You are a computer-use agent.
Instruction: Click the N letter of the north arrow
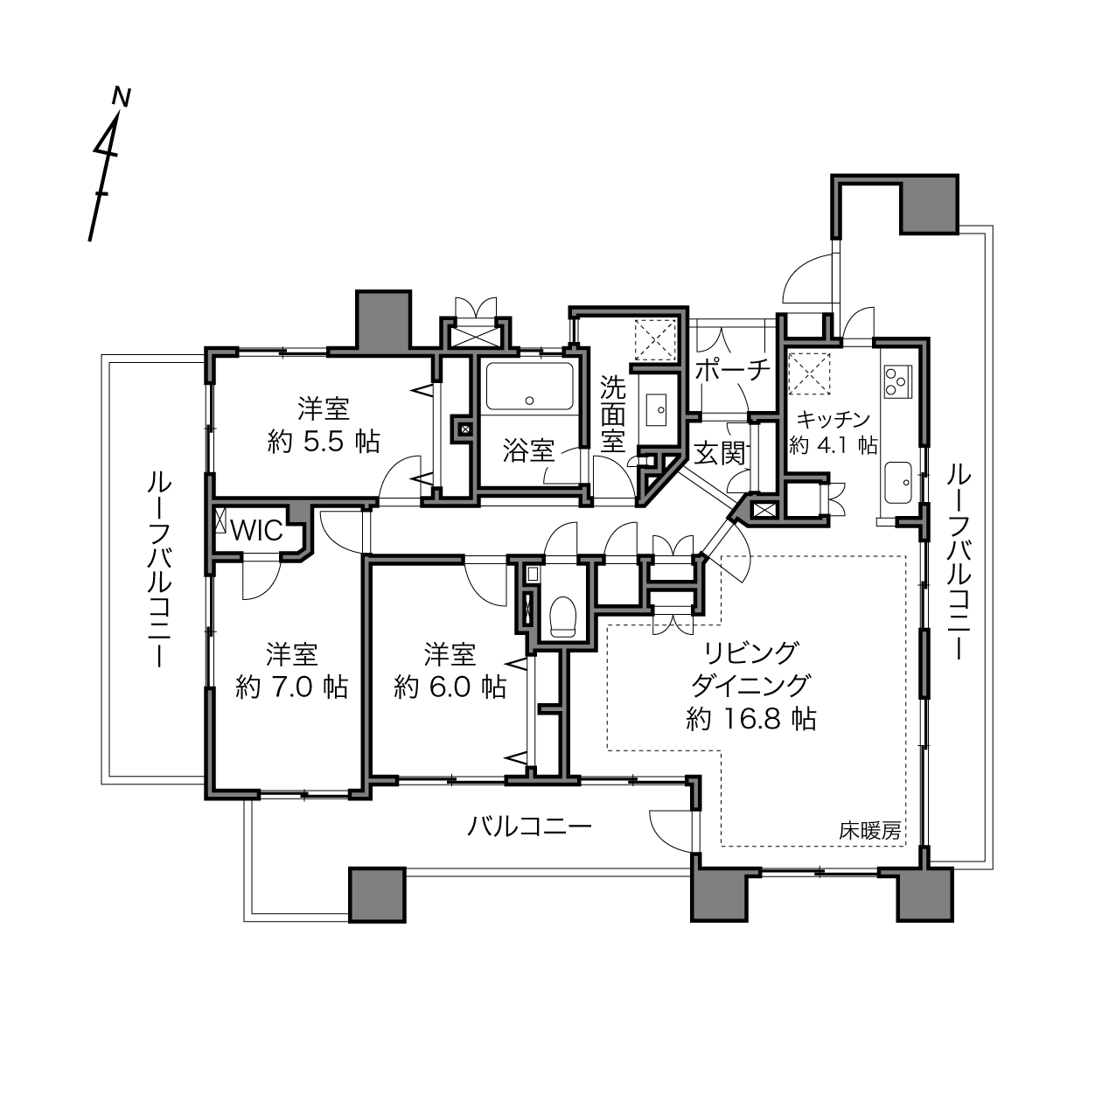(x=122, y=97)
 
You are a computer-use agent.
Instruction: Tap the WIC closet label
(x=257, y=531)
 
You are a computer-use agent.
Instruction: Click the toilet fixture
(x=563, y=616)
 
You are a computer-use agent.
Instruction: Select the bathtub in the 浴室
(x=530, y=386)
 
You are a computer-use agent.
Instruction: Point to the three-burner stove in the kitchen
(x=897, y=380)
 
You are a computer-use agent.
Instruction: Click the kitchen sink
(x=899, y=483)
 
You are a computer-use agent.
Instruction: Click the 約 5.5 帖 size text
(x=324, y=442)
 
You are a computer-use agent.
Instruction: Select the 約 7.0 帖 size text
(x=291, y=687)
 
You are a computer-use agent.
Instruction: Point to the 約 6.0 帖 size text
(x=450, y=687)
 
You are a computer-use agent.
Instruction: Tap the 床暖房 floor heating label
(x=870, y=832)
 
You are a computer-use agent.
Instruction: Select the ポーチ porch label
(x=733, y=371)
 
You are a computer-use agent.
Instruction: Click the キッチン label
(x=833, y=419)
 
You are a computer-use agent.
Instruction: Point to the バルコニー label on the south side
(x=530, y=826)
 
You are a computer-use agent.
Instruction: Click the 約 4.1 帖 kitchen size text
(x=833, y=445)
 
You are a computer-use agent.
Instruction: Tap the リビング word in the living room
(x=751, y=653)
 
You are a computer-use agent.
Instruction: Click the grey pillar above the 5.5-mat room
(x=383, y=320)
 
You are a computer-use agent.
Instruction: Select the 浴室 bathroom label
(x=528, y=451)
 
